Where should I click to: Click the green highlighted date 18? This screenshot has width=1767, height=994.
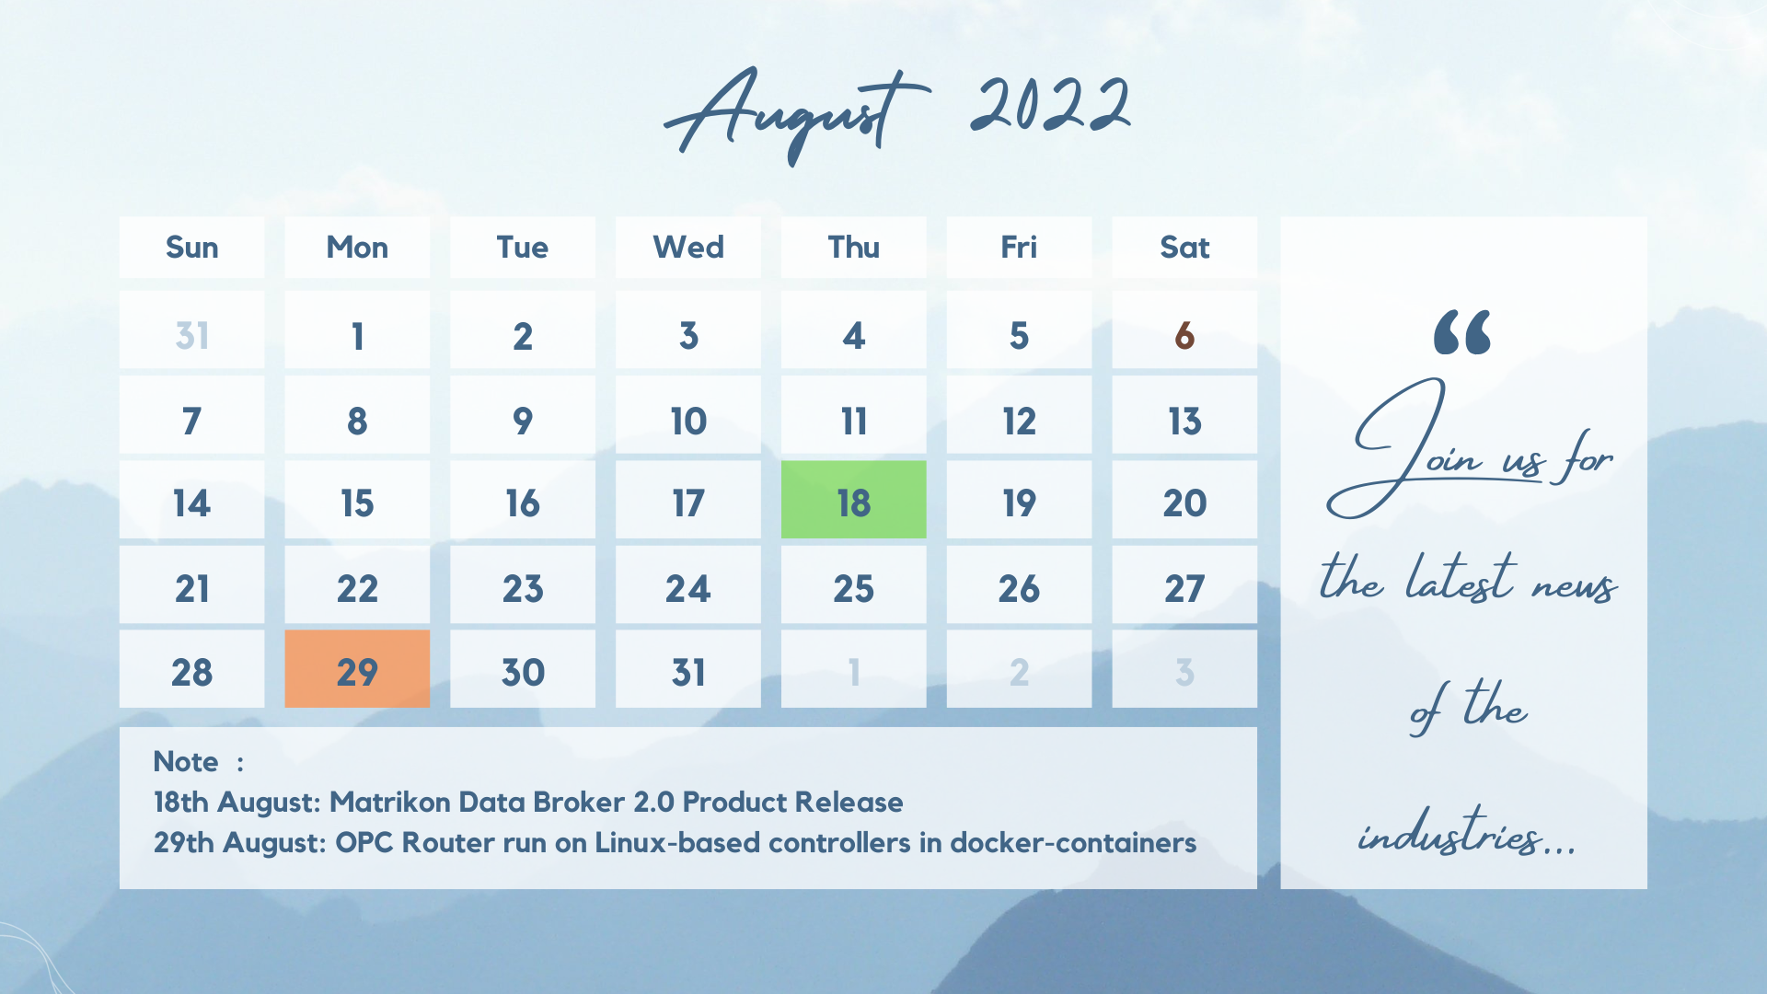pyautogui.click(x=853, y=500)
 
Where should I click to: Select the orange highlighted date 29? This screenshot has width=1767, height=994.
pyautogui.click(x=357, y=669)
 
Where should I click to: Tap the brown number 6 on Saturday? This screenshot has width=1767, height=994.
pyautogui.click(x=1184, y=336)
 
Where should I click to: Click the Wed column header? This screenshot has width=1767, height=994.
pyautogui.click(x=688, y=247)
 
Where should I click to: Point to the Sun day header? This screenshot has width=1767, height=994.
pyautogui.click(x=191, y=247)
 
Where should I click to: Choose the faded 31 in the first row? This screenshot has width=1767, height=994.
pyautogui.click(x=191, y=336)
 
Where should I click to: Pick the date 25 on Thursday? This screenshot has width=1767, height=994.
pyautogui.click(x=853, y=588)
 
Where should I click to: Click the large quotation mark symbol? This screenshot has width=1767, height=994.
pyautogui.click(x=1461, y=332)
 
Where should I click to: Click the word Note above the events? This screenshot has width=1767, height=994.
pyautogui.click(x=185, y=761)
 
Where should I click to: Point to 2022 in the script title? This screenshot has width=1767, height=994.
pyautogui.click(x=1050, y=104)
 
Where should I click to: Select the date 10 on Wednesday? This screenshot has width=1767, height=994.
pyautogui.click(x=688, y=422)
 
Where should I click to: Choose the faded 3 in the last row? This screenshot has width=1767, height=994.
pyautogui.click(x=1184, y=673)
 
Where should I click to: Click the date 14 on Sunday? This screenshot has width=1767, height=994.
pyautogui.click(x=191, y=503)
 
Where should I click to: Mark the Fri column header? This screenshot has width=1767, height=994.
pyautogui.click(x=1019, y=247)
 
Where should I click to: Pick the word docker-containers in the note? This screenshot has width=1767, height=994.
pyautogui.click(x=1073, y=842)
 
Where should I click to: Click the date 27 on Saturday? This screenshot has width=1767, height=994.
pyautogui.click(x=1184, y=588)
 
